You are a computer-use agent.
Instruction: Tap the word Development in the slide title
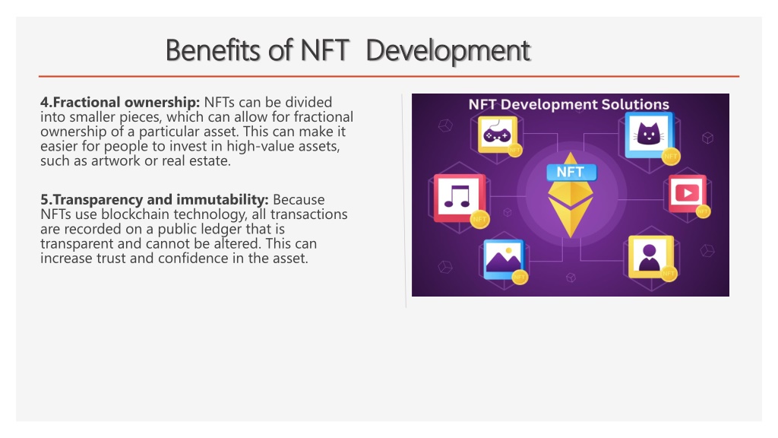click(x=448, y=52)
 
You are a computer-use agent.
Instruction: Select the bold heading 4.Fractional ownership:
click(x=120, y=103)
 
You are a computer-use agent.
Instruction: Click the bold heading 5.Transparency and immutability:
click(x=154, y=200)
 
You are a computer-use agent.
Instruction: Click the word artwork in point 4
click(x=115, y=161)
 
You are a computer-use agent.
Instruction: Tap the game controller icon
click(x=497, y=135)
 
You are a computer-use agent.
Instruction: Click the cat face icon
click(x=649, y=134)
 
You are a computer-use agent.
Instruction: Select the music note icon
click(x=457, y=197)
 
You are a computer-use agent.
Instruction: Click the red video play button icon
click(x=687, y=192)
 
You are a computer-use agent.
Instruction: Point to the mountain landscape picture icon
click(x=504, y=259)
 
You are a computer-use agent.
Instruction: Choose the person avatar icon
click(x=650, y=257)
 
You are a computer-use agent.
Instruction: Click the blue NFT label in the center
click(x=571, y=173)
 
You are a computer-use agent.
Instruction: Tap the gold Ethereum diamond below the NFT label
click(x=571, y=208)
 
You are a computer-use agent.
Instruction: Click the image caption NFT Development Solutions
click(x=568, y=104)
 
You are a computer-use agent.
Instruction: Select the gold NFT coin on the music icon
click(x=480, y=219)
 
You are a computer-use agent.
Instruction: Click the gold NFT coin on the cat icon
click(x=671, y=156)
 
